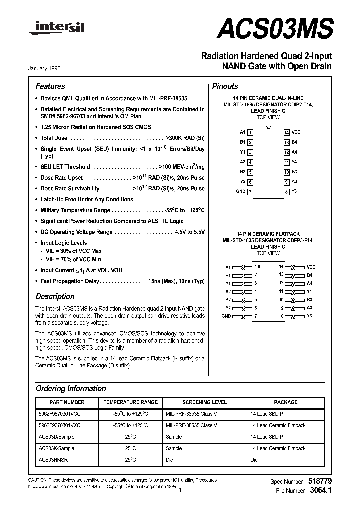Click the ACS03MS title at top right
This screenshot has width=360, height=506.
(275, 28)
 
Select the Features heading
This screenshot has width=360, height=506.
(50, 86)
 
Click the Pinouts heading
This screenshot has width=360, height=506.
(225, 86)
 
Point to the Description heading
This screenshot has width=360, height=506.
(55, 296)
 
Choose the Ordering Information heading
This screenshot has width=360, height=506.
(71, 388)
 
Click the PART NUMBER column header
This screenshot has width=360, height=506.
(67, 402)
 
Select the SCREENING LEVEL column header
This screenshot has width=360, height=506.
(204, 402)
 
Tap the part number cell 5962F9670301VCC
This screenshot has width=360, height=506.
(59, 414)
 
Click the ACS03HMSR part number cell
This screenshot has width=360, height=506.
(53, 460)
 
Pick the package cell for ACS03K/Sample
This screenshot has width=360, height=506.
(278, 448)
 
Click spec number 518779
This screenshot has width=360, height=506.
(321, 481)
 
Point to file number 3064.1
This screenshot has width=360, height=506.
(321, 491)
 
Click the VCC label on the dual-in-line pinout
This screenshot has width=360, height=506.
(296, 132)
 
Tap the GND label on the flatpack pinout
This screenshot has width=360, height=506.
(226, 316)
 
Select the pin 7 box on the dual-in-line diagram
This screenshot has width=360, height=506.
(250, 192)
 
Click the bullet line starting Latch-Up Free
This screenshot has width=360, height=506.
(86, 199)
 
